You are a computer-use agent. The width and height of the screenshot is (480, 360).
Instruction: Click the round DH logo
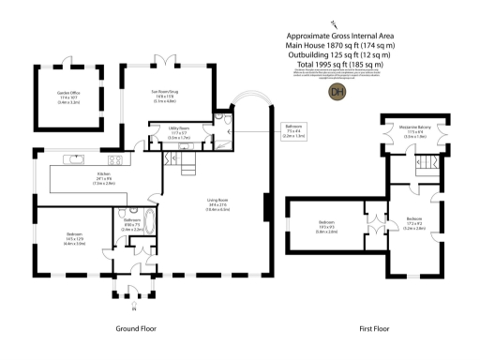click(x=336, y=91)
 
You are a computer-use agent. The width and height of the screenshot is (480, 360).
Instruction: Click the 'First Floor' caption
click(x=374, y=329)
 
